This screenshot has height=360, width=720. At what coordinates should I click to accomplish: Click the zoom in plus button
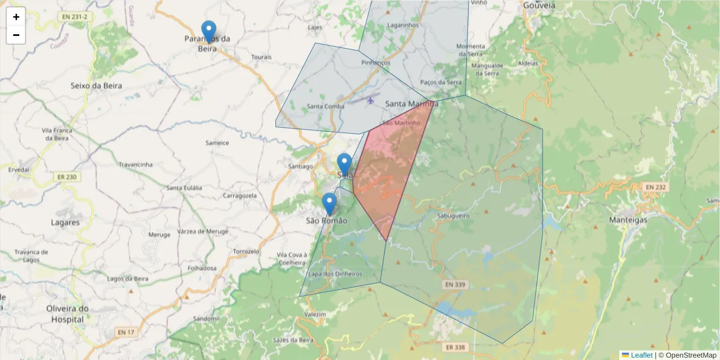click(16, 17)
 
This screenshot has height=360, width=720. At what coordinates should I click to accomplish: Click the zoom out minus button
click(16, 35)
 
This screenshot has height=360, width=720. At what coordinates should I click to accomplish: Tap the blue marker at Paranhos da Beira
click(209, 31)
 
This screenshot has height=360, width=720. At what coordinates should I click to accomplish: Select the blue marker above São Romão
click(329, 203)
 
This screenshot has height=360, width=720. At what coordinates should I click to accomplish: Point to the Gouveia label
click(539, 5)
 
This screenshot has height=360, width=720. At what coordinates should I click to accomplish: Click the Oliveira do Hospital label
click(67, 314)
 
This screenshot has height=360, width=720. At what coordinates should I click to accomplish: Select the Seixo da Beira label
click(96, 86)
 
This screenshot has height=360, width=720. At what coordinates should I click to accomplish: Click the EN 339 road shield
click(457, 284)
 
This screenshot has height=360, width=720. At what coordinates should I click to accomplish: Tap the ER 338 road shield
click(456, 347)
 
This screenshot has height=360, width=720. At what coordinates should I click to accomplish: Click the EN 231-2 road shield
click(75, 17)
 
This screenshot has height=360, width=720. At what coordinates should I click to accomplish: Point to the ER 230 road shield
click(67, 177)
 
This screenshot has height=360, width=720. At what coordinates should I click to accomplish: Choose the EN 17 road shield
click(125, 332)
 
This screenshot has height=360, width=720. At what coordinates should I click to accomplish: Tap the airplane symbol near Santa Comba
click(370, 100)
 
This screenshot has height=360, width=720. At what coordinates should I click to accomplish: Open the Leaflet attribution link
click(641, 355)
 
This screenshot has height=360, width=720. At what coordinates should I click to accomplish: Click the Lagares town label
click(65, 223)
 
